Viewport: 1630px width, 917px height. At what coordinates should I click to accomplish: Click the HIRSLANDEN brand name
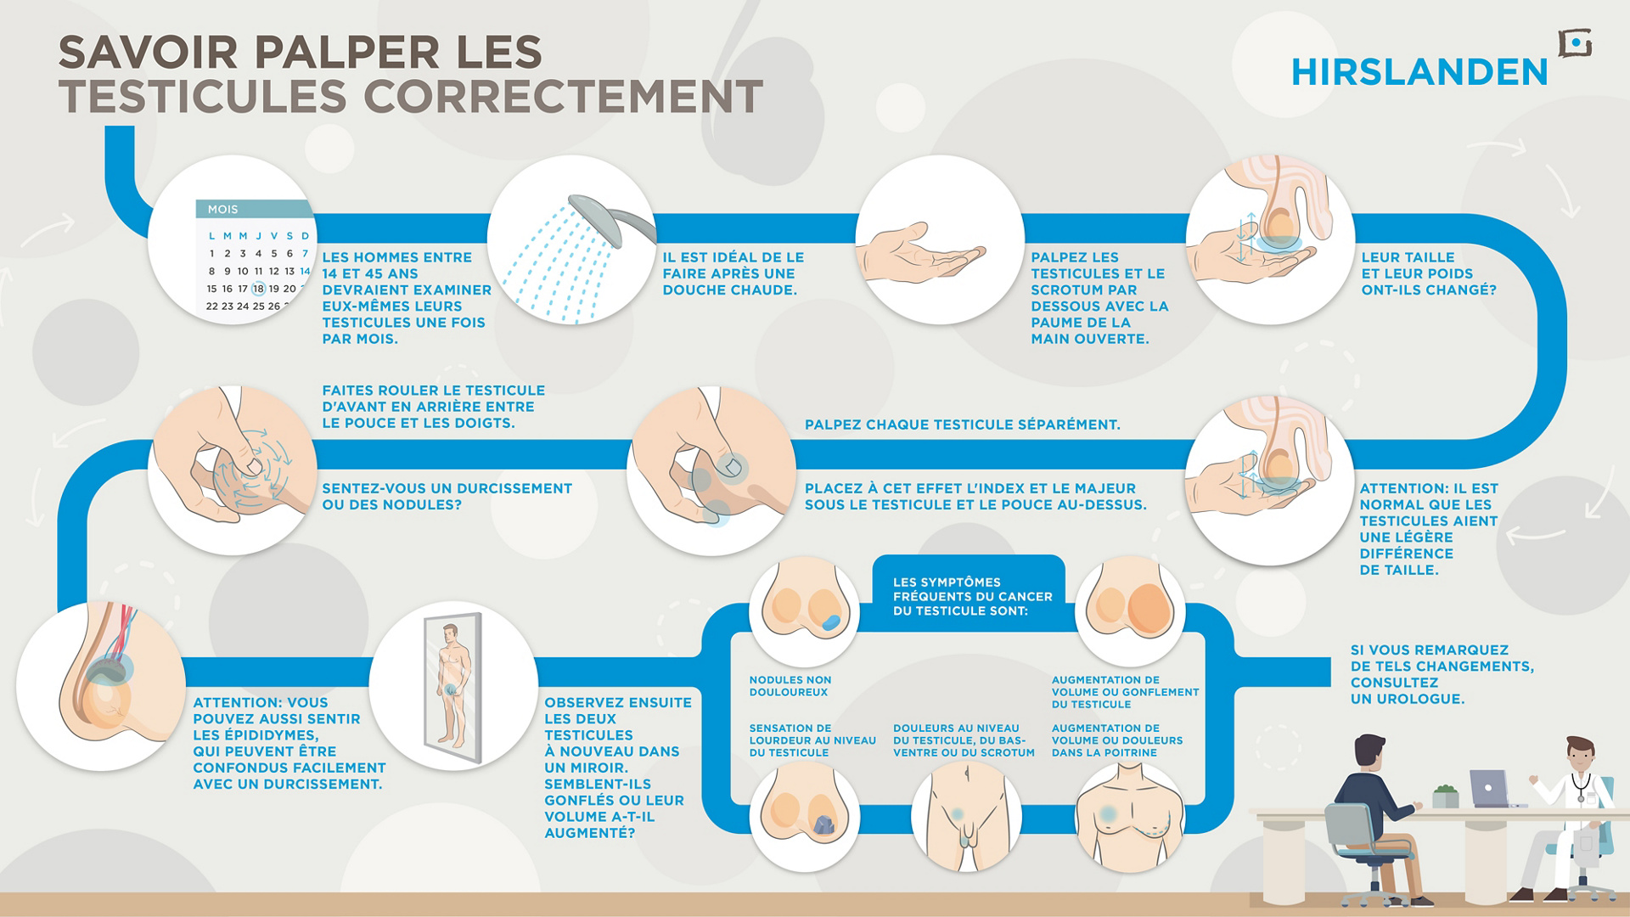tap(1419, 72)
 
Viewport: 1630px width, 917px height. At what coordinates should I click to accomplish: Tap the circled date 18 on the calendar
tap(258, 289)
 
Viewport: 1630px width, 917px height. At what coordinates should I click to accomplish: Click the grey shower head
tap(610, 219)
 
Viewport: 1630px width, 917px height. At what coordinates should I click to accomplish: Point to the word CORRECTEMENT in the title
tap(564, 96)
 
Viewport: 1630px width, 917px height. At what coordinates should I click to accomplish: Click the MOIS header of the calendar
tap(222, 209)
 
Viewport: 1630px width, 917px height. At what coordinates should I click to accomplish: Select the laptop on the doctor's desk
tap(1489, 789)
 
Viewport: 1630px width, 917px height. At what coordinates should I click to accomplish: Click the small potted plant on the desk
tap(1445, 796)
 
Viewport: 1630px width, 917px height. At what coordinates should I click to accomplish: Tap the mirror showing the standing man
tap(452, 686)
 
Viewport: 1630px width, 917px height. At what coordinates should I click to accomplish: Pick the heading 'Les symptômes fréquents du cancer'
tap(972, 596)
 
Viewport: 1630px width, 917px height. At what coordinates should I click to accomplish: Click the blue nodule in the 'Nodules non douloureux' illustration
tap(830, 622)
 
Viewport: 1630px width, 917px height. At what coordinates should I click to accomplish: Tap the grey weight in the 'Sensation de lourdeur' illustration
tap(823, 824)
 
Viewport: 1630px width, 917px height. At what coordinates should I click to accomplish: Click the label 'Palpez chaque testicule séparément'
tap(962, 425)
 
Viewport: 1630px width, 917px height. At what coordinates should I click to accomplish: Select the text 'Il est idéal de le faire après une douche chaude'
tap(733, 273)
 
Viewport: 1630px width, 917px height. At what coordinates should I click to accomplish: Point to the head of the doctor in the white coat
tap(1580, 754)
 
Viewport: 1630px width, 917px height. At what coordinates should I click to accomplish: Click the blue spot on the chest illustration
tap(1108, 813)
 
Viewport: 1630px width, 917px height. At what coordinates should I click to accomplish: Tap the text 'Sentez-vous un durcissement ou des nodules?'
tap(447, 497)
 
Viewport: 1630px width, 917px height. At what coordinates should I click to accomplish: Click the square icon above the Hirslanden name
tap(1575, 42)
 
